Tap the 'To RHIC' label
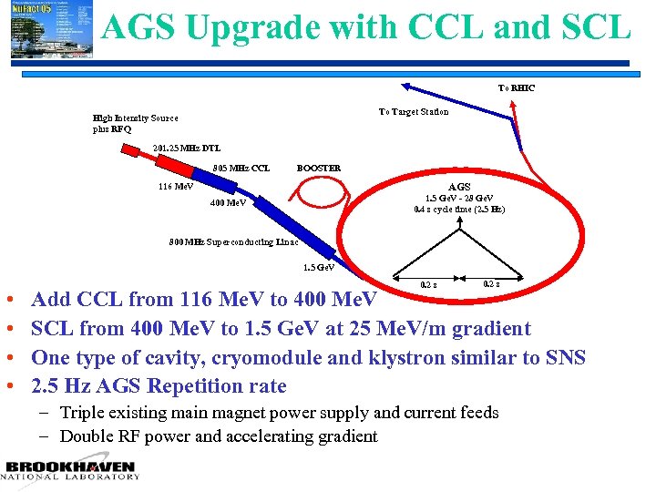pos(517,88)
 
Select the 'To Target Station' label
pos(414,112)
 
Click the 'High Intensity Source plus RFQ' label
pos(136,123)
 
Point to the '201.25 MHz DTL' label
pos(187,148)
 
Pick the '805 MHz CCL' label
pos(241,168)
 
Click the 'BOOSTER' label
pos(319,168)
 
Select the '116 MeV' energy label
pos(176,186)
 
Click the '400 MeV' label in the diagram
pos(228,202)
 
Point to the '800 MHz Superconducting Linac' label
pos(234,242)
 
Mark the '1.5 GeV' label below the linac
pos(319,267)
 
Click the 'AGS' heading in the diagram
pos(459,186)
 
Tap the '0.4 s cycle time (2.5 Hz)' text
pos(459,210)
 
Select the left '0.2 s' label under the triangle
pos(428,284)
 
